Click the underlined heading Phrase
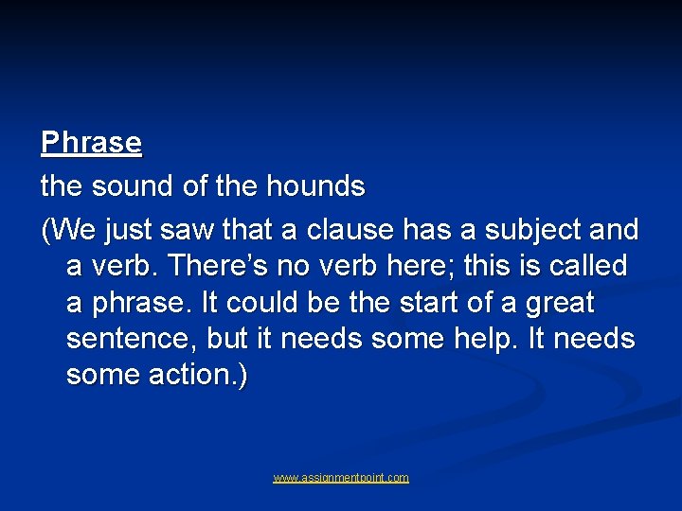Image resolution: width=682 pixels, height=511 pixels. [x=91, y=143]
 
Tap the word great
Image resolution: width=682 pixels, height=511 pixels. [x=554, y=303]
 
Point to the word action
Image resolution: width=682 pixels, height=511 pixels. [x=198, y=375]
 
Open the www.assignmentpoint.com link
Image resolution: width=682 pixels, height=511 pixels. [x=341, y=478]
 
